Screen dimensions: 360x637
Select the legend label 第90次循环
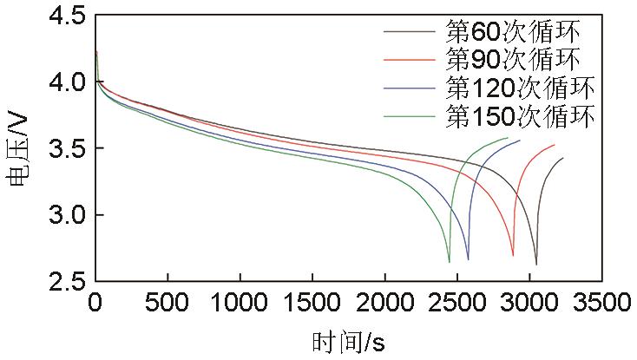(x=513, y=60)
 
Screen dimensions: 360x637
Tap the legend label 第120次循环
(x=520, y=88)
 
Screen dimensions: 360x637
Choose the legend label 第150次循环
(x=520, y=116)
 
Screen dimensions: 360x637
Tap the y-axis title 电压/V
(x=19, y=148)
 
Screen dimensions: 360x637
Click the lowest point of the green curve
(x=450, y=261)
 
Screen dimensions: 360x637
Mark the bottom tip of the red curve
(x=513, y=256)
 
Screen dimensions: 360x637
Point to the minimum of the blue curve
(x=468, y=259)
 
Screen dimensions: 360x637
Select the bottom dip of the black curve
(x=536, y=264)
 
